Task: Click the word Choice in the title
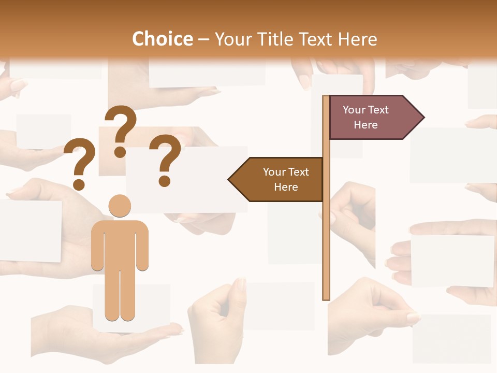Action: click(x=162, y=39)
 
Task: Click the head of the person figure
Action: click(x=120, y=206)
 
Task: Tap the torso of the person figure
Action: click(x=120, y=243)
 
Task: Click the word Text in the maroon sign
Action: click(x=379, y=110)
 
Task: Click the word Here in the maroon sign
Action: click(x=366, y=125)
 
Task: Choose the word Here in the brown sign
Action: click(x=286, y=187)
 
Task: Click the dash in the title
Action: click(x=203, y=39)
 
